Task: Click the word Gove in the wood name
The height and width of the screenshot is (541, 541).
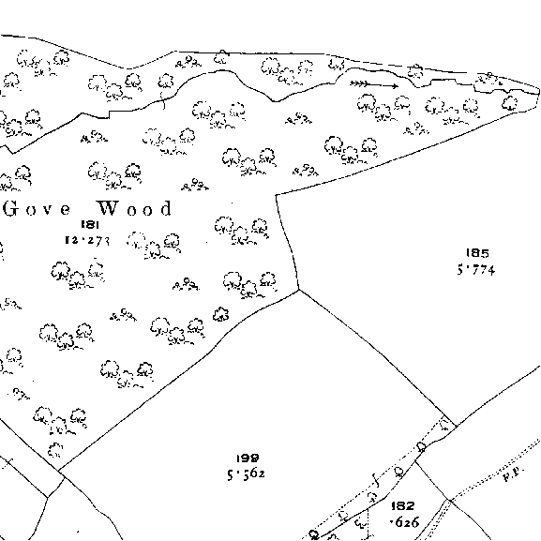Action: click(x=37, y=209)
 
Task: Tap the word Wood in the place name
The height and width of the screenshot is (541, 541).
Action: click(x=135, y=208)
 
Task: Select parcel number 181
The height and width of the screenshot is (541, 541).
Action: click(x=90, y=225)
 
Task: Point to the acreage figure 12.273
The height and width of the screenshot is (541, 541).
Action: click(x=87, y=240)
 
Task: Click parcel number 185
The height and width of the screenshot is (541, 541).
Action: click(x=477, y=253)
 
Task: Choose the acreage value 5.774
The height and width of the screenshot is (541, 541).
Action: click(x=476, y=269)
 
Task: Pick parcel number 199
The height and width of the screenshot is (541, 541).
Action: click(x=248, y=458)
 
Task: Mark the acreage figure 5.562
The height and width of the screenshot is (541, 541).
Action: click(x=246, y=474)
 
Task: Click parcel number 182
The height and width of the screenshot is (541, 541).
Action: click(x=402, y=506)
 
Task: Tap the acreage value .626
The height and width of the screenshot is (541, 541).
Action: click(x=404, y=522)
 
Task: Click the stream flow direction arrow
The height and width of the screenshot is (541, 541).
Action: click(x=374, y=84)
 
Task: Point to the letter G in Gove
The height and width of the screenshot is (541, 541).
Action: click(x=10, y=209)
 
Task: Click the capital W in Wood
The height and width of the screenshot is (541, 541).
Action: click(x=109, y=208)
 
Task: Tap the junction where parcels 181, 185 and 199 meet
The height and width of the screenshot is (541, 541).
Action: click(x=299, y=290)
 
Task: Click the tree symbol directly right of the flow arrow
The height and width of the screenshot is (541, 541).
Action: click(x=415, y=72)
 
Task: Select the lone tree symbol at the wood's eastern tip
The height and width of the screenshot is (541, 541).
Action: click(x=510, y=103)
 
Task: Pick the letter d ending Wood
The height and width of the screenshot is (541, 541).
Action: click(x=166, y=208)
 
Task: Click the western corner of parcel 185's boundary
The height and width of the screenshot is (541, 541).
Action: click(x=276, y=195)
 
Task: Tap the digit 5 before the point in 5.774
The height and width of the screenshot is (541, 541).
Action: click(x=460, y=269)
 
